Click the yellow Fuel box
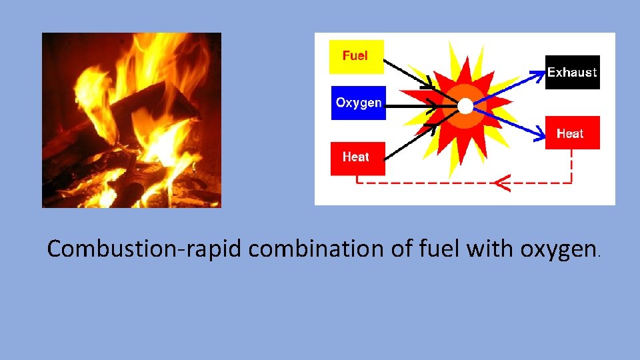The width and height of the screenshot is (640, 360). [357, 57]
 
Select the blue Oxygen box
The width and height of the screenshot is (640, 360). [358, 103]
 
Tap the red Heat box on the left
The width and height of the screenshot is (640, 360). [357, 158]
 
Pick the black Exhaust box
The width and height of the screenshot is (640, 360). [573, 72]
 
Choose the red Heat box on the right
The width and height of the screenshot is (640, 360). [572, 133]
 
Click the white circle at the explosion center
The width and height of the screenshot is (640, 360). [465, 106]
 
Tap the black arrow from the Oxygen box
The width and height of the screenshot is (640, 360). [410, 105]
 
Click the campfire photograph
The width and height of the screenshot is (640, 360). [131, 120]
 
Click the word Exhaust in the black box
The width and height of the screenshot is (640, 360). [573, 72]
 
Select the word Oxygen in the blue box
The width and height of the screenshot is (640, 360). [358, 103]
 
